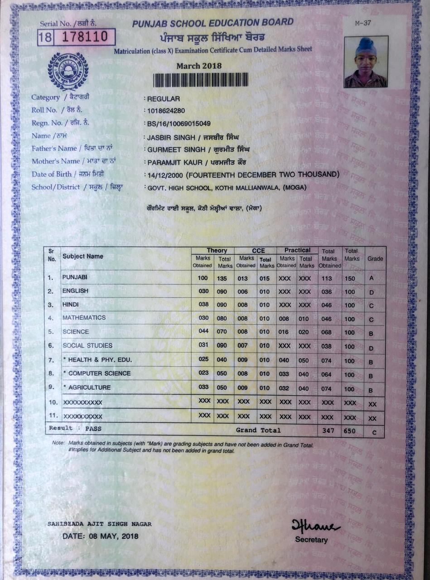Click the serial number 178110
(85, 37)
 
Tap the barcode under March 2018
(200, 80)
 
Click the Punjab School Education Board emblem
(68, 71)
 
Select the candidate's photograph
(366, 62)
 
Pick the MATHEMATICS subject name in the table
(84, 318)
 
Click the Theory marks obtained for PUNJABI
(203, 278)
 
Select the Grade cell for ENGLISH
(372, 293)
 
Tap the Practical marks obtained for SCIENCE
(284, 332)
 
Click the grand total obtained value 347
(328, 431)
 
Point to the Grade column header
(375, 259)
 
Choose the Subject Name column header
(83, 256)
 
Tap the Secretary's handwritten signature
(315, 527)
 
